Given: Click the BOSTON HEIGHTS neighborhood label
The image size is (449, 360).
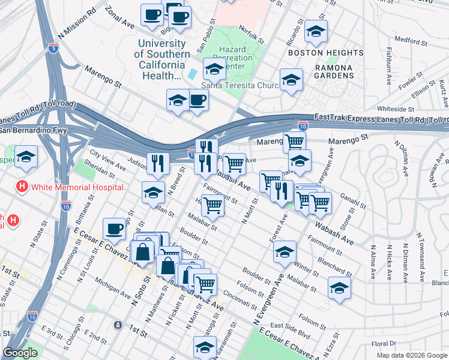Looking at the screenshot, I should pos(326,53).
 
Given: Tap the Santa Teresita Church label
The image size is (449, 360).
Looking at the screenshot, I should pos(241,85).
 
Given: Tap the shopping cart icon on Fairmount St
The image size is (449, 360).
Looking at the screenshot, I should pos(212,205).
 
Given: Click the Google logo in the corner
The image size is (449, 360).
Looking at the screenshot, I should pos(20,353).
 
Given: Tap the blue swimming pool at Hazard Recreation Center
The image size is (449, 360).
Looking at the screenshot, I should pos(193,74).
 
